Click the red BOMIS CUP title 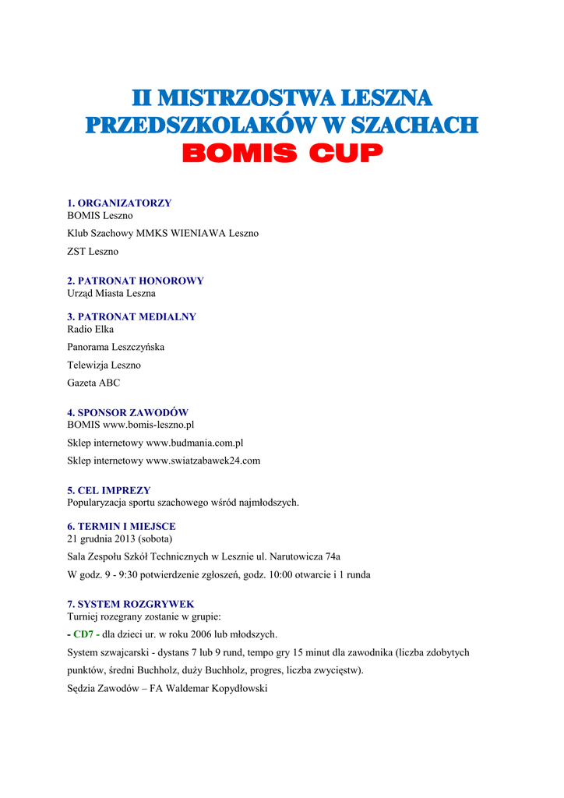tap(282, 154)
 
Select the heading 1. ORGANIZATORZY tap(119, 203)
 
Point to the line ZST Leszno tap(93, 251)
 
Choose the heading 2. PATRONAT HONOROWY tap(136, 281)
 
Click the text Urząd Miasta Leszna tap(111, 293)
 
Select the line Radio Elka tap(90, 329)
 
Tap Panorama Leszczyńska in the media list tap(116, 347)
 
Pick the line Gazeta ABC tap(93, 383)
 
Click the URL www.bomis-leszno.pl tap(148, 425)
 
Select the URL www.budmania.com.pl tap(195, 443)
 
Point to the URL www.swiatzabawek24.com tap(203, 461)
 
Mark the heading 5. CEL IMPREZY tap(109, 490)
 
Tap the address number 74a tap(332, 556)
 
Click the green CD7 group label tap(83, 634)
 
